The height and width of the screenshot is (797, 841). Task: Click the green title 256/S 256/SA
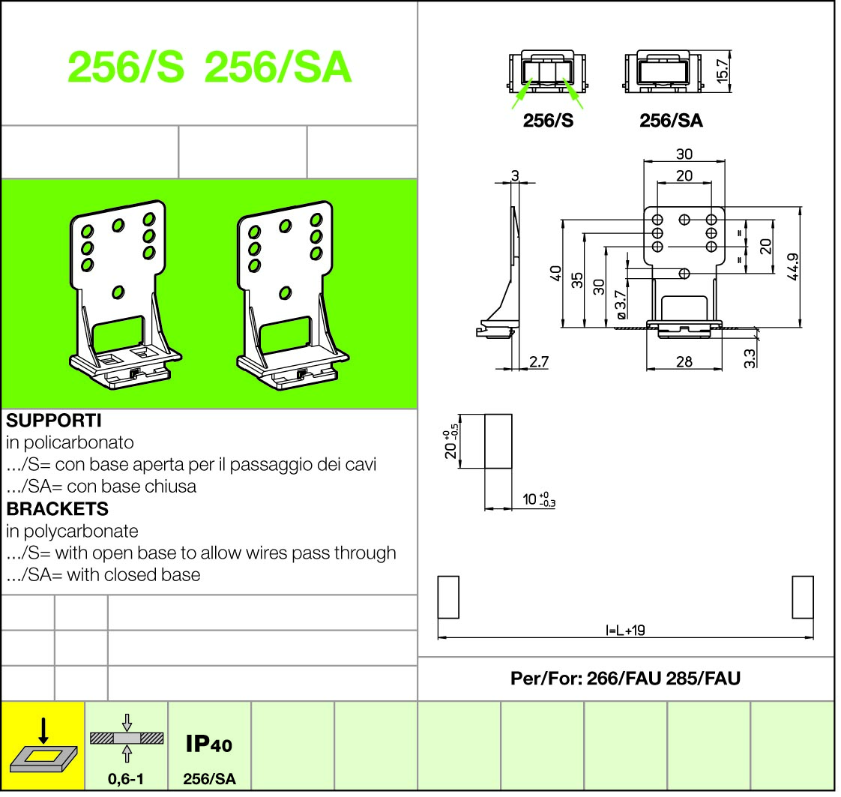coord(209,68)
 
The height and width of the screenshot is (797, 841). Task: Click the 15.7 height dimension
coord(723,71)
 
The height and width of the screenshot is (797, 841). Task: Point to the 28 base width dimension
coord(684,361)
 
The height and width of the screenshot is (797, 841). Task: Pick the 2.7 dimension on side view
coord(539,361)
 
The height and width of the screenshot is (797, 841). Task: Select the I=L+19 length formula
coord(625,630)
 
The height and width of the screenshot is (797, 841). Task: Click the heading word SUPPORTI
coord(53,420)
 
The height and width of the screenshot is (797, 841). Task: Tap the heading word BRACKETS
coord(57,508)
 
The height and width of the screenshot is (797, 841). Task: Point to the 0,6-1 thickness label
coord(126,779)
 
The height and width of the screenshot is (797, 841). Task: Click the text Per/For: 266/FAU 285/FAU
coord(625,679)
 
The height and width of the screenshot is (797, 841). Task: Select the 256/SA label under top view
coord(671,121)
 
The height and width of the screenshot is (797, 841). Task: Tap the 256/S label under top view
coord(548,121)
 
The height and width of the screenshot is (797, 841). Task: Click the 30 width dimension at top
coord(684,154)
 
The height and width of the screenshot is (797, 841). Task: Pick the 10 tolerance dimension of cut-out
coord(539,499)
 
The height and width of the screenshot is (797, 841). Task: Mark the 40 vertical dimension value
coord(555,273)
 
